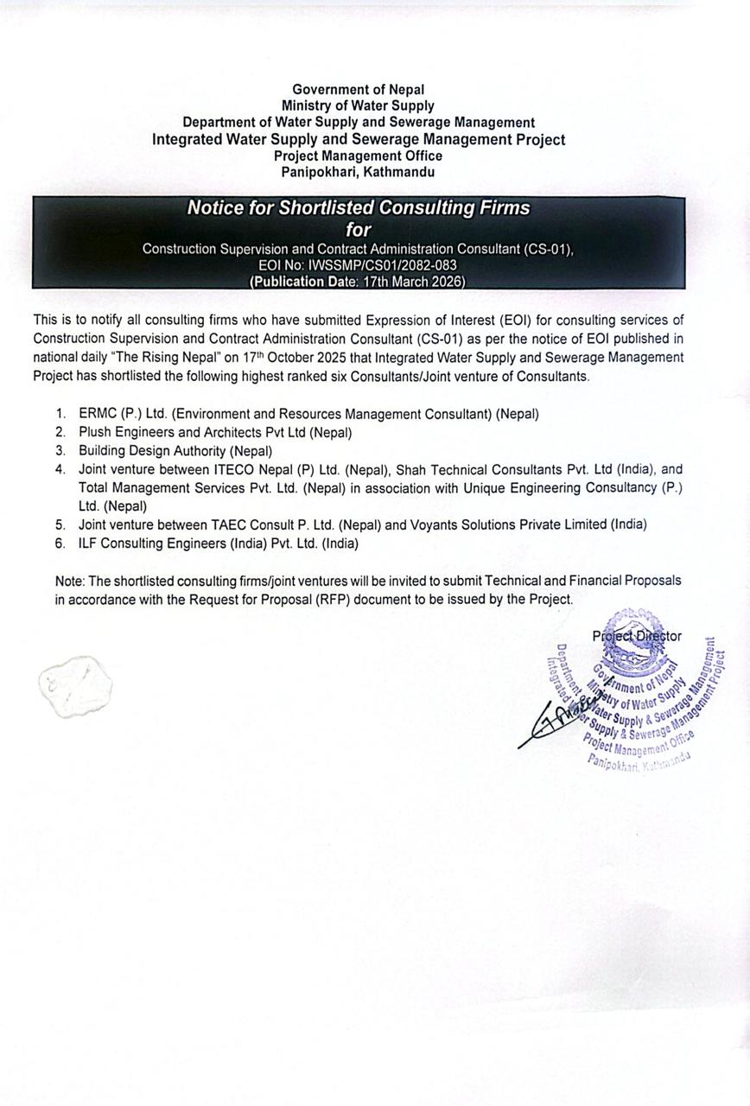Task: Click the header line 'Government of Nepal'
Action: coord(358,89)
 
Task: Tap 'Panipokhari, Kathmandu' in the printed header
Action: coord(358,172)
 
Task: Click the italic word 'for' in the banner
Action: coord(358,230)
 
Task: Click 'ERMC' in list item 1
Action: coord(97,414)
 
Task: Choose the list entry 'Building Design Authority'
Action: coord(152,450)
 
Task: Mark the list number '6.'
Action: coord(60,543)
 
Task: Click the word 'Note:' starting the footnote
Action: coord(70,581)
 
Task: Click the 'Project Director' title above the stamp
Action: coord(637,636)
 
